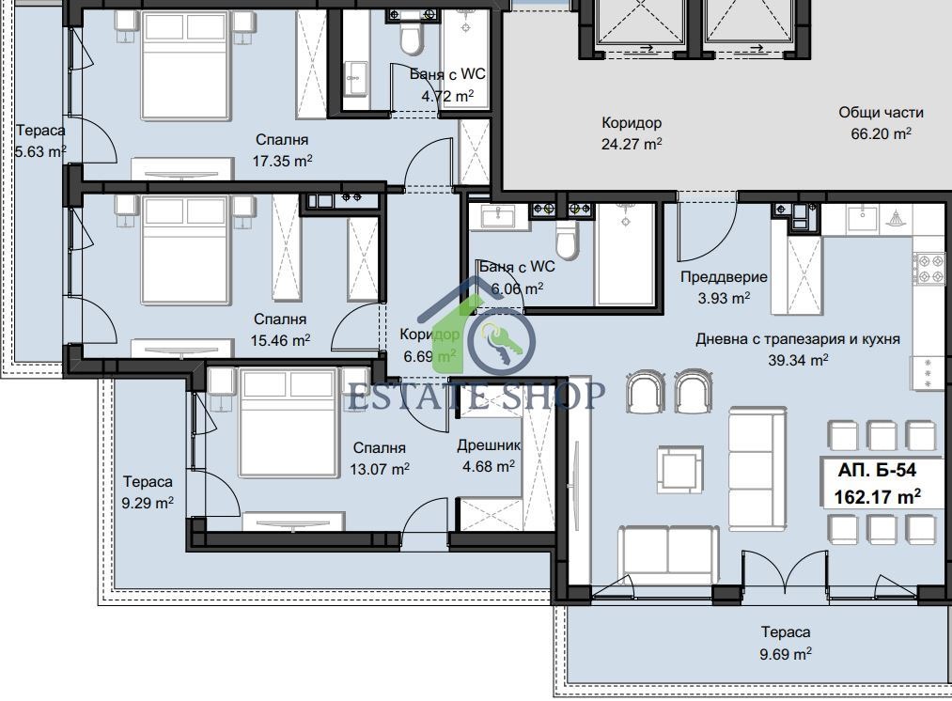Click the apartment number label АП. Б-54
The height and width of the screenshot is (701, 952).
(x=877, y=470)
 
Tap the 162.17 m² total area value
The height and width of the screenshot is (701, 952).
(x=877, y=496)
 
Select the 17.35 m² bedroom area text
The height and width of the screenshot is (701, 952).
(x=282, y=161)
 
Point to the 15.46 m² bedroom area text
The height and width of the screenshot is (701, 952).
(x=280, y=340)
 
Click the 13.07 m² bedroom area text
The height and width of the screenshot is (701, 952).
(x=380, y=469)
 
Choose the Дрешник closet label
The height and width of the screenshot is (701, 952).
(x=489, y=446)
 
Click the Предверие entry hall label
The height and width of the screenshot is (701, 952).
(x=724, y=277)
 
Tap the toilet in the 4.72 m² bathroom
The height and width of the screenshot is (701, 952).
(x=411, y=39)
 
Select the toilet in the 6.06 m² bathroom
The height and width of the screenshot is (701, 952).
(x=566, y=240)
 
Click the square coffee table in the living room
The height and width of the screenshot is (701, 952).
(x=680, y=470)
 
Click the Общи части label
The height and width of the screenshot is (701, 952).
(x=881, y=112)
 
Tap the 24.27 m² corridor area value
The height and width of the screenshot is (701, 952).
(x=632, y=144)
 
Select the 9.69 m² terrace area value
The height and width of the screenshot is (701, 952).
(x=785, y=654)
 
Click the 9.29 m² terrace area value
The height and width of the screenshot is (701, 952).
(x=148, y=503)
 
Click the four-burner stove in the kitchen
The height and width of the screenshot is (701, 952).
(x=925, y=269)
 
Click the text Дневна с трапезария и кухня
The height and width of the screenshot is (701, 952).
(x=798, y=338)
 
